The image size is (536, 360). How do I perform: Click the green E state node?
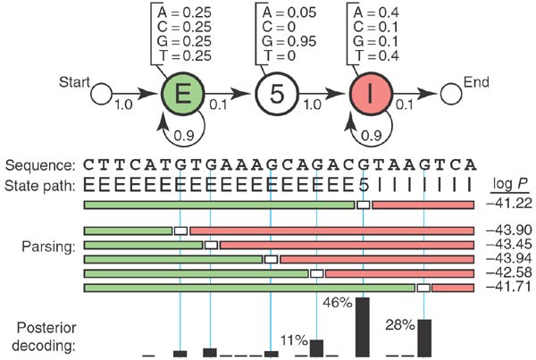pyautogui.click(x=183, y=92)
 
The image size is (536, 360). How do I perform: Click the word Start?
pyautogui.click(x=76, y=82)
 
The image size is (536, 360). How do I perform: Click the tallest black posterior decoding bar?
pyautogui.click(x=363, y=326)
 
